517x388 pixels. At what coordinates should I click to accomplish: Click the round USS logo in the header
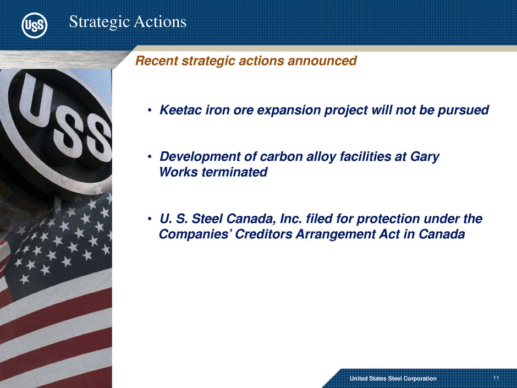[x=34, y=25]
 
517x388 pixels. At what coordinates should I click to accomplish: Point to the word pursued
[x=463, y=111]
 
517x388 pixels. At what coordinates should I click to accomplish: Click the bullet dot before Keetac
[x=150, y=111]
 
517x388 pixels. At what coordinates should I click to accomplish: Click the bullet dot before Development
[x=150, y=157]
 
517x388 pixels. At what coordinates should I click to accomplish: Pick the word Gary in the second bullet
[x=425, y=157]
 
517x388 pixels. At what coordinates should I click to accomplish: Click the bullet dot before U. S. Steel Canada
[x=150, y=219]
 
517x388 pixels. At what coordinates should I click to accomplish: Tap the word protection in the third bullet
[x=388, y=219]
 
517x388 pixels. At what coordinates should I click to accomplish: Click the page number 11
[x=496, y=378]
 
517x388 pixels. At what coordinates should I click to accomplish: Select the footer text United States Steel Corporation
[x=393, y=379]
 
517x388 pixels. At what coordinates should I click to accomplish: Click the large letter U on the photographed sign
[x=36, y=99]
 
